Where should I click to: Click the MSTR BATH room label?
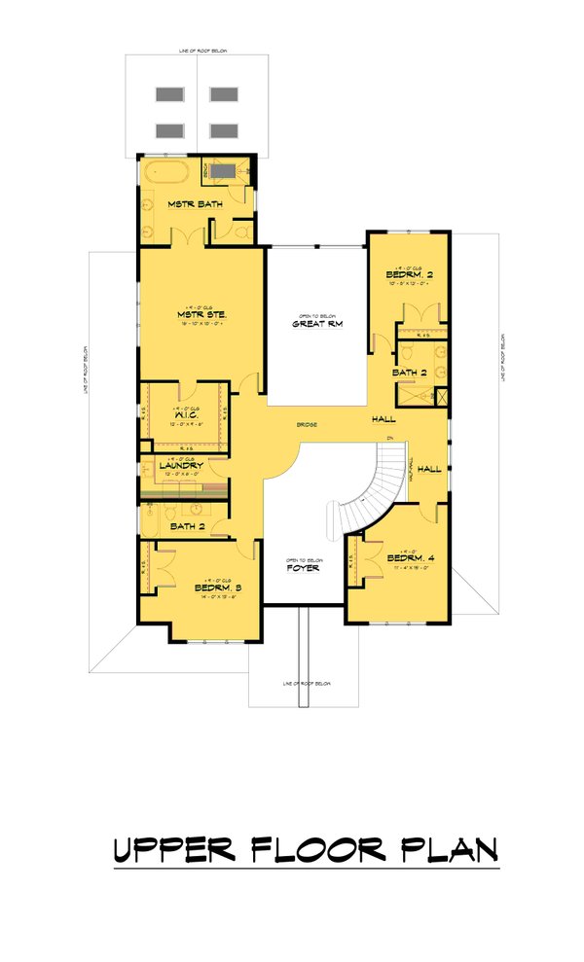click(x=191, y=204)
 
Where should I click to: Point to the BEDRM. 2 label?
click(x=409, y=275)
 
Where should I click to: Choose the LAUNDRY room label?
click(x=180, y=466)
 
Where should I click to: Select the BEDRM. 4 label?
click(x=409, y=558)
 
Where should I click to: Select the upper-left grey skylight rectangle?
click(x=170, y=94)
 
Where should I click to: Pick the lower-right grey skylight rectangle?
click(x=224, y=130)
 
